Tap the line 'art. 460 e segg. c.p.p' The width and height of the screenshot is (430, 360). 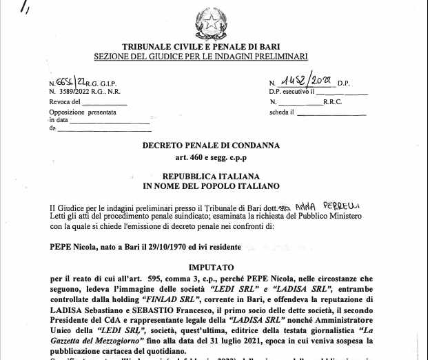(211, 159)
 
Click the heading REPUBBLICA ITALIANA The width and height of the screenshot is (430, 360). (211, 176)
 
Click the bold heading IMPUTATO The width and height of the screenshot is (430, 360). (211, 266)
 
